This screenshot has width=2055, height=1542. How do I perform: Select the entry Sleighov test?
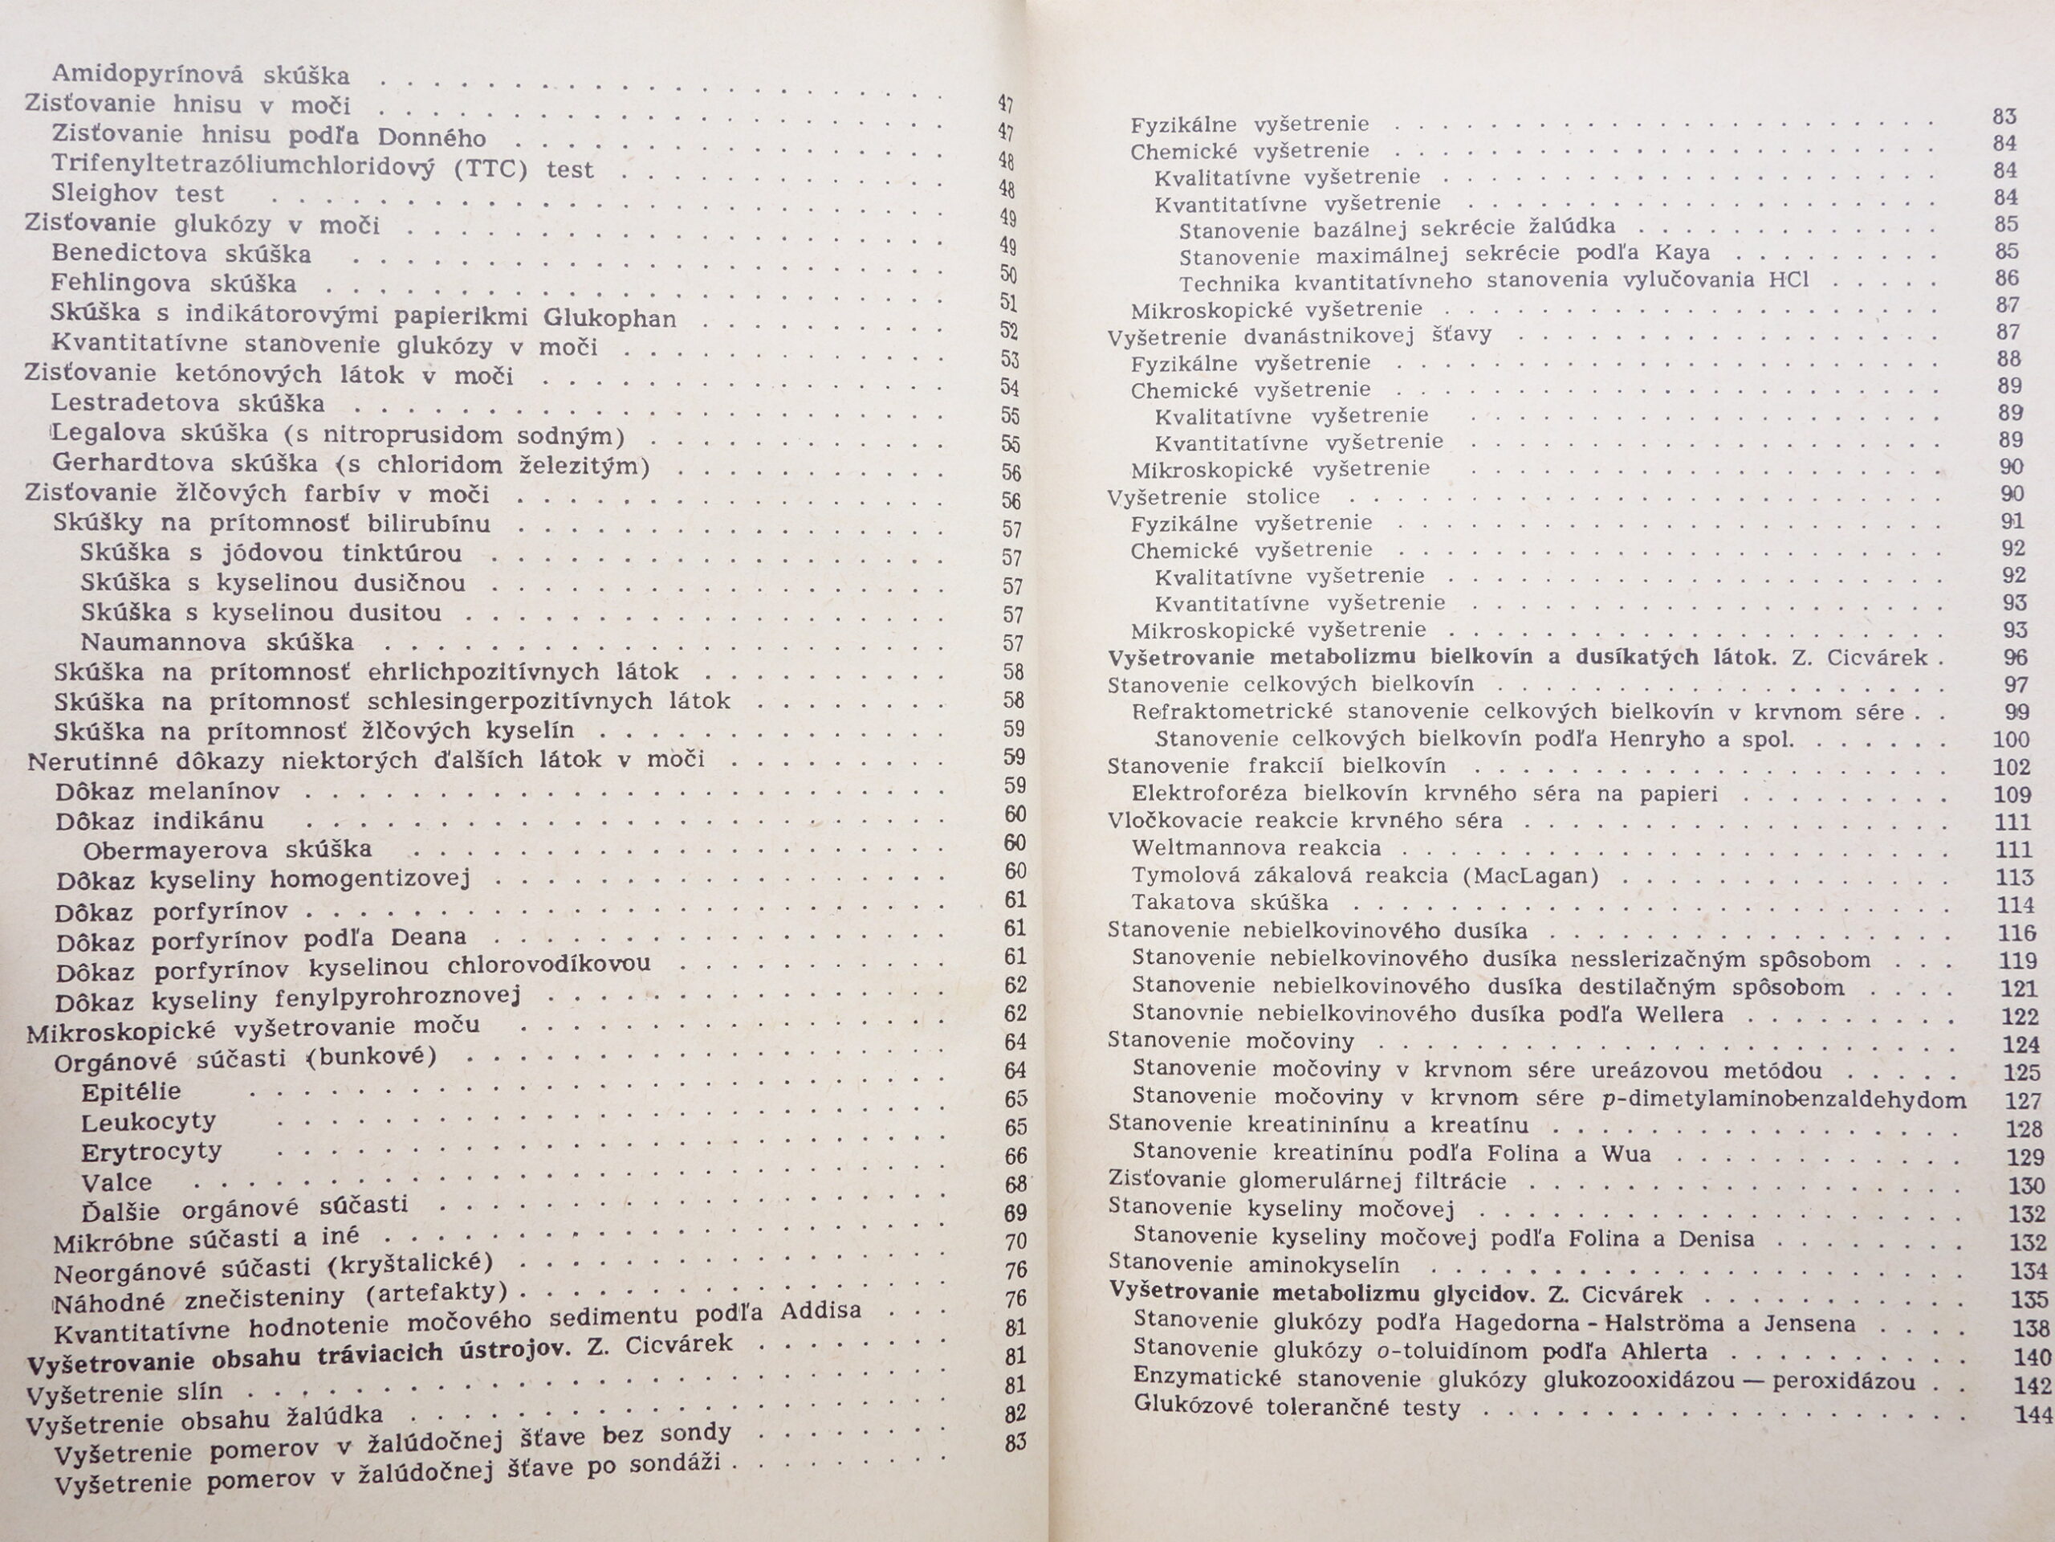pos(137,194)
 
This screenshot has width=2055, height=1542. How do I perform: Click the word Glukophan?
pos(609,318)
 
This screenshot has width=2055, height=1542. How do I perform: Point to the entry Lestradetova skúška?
pos(188,403)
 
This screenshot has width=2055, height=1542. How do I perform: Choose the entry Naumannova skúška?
pos(217,642)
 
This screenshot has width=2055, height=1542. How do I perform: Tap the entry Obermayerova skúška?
pos(226,850)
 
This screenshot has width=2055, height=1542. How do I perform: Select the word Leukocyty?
pos(149,1122)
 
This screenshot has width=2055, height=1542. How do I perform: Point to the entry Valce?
pos(116,1182)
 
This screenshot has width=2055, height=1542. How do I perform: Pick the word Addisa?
pos(820,1311)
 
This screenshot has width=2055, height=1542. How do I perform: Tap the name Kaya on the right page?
pos(1682,253)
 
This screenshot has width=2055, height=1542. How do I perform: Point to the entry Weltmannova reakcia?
pos(1256,847)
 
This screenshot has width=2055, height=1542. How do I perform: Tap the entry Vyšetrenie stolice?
pos(1213,496)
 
